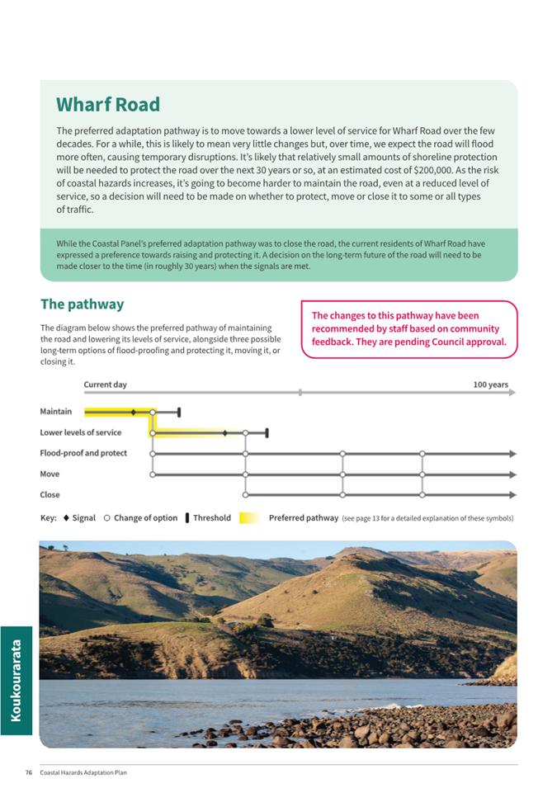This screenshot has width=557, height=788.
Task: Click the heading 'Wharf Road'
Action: click(x=108, y=105)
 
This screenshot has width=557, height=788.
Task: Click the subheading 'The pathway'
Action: click(x=82, y=304)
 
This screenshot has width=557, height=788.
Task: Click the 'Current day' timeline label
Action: click(x=105, y=385)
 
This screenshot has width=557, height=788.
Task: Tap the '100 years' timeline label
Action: click(x=490, y=385)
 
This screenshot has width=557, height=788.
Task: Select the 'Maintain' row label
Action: click(x=55, y=411)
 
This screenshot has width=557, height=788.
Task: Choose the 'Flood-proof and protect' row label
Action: click(x=83, y=453)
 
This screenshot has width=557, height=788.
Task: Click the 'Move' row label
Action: click(x=50, y=474)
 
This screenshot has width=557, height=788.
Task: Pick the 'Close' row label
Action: click(x=50, y=494)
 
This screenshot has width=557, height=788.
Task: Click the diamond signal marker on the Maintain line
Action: click(x=133, y=411)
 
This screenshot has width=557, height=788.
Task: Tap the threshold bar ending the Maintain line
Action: click(x=179, y=411)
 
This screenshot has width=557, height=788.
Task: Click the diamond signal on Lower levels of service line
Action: click(x=224, y=432)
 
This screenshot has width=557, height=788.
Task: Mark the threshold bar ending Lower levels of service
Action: click(x=267, y=432)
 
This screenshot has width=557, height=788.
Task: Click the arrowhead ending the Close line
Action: click(x=512, y=495)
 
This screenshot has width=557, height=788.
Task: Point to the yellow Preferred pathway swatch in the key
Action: click(x=249, y=518)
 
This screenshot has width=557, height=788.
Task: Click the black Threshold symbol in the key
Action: click(x=187, y=518)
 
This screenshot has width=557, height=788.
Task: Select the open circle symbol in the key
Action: click(x=107, y=518)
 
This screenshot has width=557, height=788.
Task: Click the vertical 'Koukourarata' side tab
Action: click(x=17, y=680)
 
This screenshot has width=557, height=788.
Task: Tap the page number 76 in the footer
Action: click(x=28, y=772)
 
